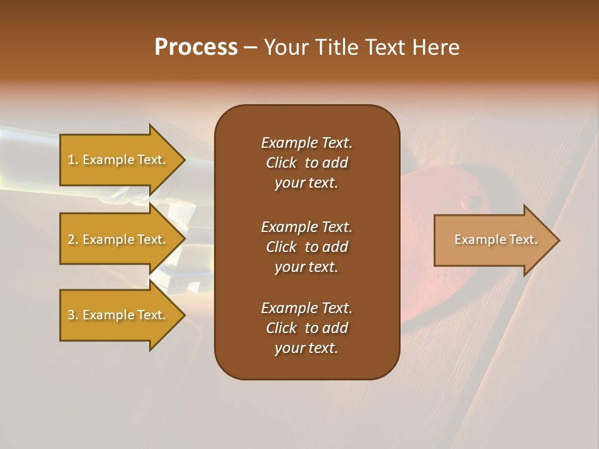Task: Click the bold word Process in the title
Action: pyautogui.click(x=196, y=47)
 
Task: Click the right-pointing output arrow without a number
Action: pyautogui.click(x=493, y=240)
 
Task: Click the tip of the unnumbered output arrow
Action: pyautogui.click(x=558, y=240)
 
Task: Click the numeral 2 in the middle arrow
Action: pyautogui.click(x=71, y=239)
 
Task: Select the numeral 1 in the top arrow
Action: pyautogui.click(x=71, y=160)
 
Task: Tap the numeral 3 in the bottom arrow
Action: pyautogui.click(x=71, y=315)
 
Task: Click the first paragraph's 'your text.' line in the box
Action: pyautogui.click(x=306, y=183)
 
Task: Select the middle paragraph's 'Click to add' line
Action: pyautogui.click(x=306, y=247)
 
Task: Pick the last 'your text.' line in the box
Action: pyautogui.click(x=306, y=349)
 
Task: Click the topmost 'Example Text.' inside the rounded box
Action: pyautogui.click(x=306, y=143)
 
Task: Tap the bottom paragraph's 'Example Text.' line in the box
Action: pyautogui.click(x=306, y=308)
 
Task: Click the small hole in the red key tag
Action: pyautogui.click(x=465, y=201)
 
